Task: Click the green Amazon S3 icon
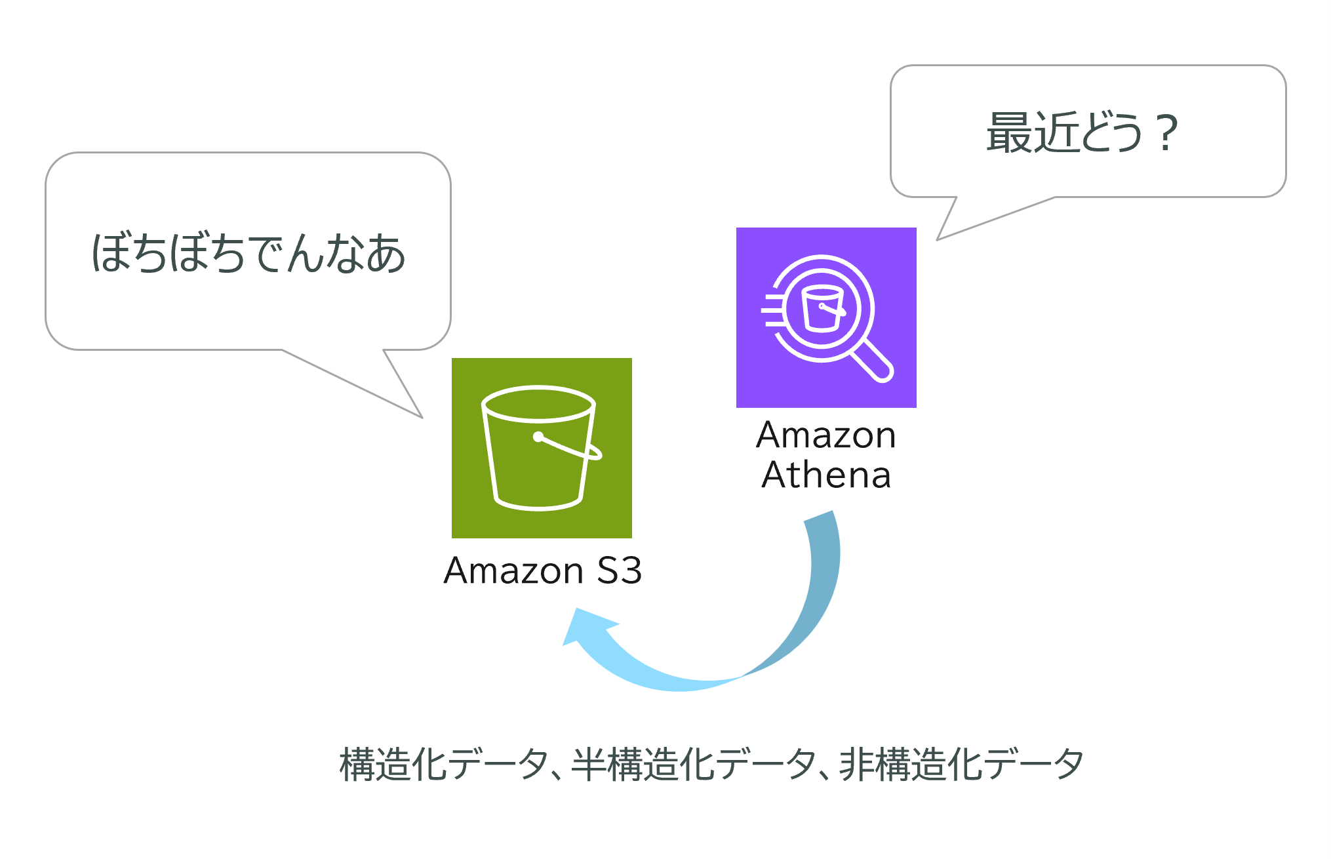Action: point(542,448)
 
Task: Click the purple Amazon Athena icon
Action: point(826,317)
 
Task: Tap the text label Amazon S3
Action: point(542,570)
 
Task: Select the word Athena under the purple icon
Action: point(826,475)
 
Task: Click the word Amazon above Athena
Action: point(826,435)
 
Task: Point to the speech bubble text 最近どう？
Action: point(1082,133)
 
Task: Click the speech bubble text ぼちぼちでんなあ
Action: point(248,253)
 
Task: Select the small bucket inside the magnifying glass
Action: point(822,308)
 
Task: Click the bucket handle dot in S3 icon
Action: point(538,437)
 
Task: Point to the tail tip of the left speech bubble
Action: point(421,416)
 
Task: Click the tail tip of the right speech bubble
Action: point(938,239)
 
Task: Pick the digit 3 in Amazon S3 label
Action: point(630,570)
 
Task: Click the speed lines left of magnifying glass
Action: point(772,310)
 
